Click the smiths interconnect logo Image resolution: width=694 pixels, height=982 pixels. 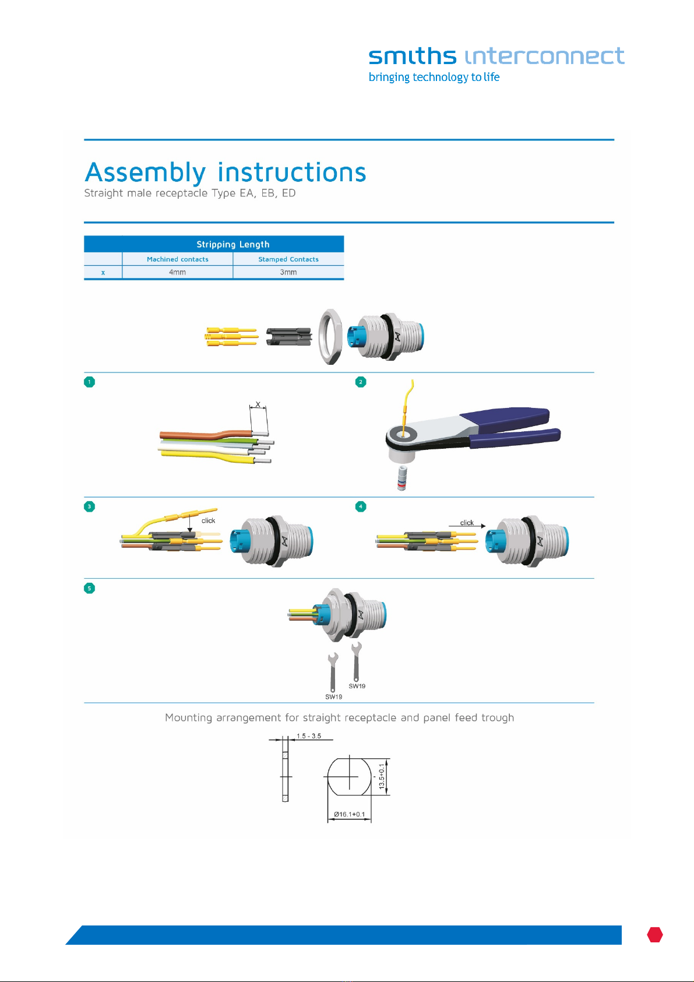coord(496,64)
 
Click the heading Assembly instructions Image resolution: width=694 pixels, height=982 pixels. coord(226,172)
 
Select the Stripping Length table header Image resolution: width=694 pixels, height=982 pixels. coord(233,244)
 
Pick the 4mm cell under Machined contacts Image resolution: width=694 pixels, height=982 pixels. coord(178,272)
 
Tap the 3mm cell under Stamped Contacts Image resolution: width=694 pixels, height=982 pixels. coord(288,272)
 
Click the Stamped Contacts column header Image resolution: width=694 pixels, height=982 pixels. coord(288,259)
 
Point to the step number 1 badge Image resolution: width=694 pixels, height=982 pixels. coord(89,382)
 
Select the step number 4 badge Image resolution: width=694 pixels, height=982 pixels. coord(361,507)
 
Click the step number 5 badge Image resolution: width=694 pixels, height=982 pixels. coord(89,588)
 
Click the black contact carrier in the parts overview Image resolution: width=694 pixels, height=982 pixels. coord(289,336)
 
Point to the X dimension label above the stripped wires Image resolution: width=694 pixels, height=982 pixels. coord(258,404)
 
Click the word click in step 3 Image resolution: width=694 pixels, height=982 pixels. coord(208,520)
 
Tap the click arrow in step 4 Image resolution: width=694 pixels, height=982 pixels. coord(467,526)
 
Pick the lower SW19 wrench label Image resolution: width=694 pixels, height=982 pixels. coord(334,696)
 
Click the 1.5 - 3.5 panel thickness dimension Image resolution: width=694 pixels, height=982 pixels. coord(309,736)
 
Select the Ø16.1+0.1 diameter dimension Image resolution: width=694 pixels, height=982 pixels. coord(350,814)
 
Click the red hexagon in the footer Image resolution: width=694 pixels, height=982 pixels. coord(655,935)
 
